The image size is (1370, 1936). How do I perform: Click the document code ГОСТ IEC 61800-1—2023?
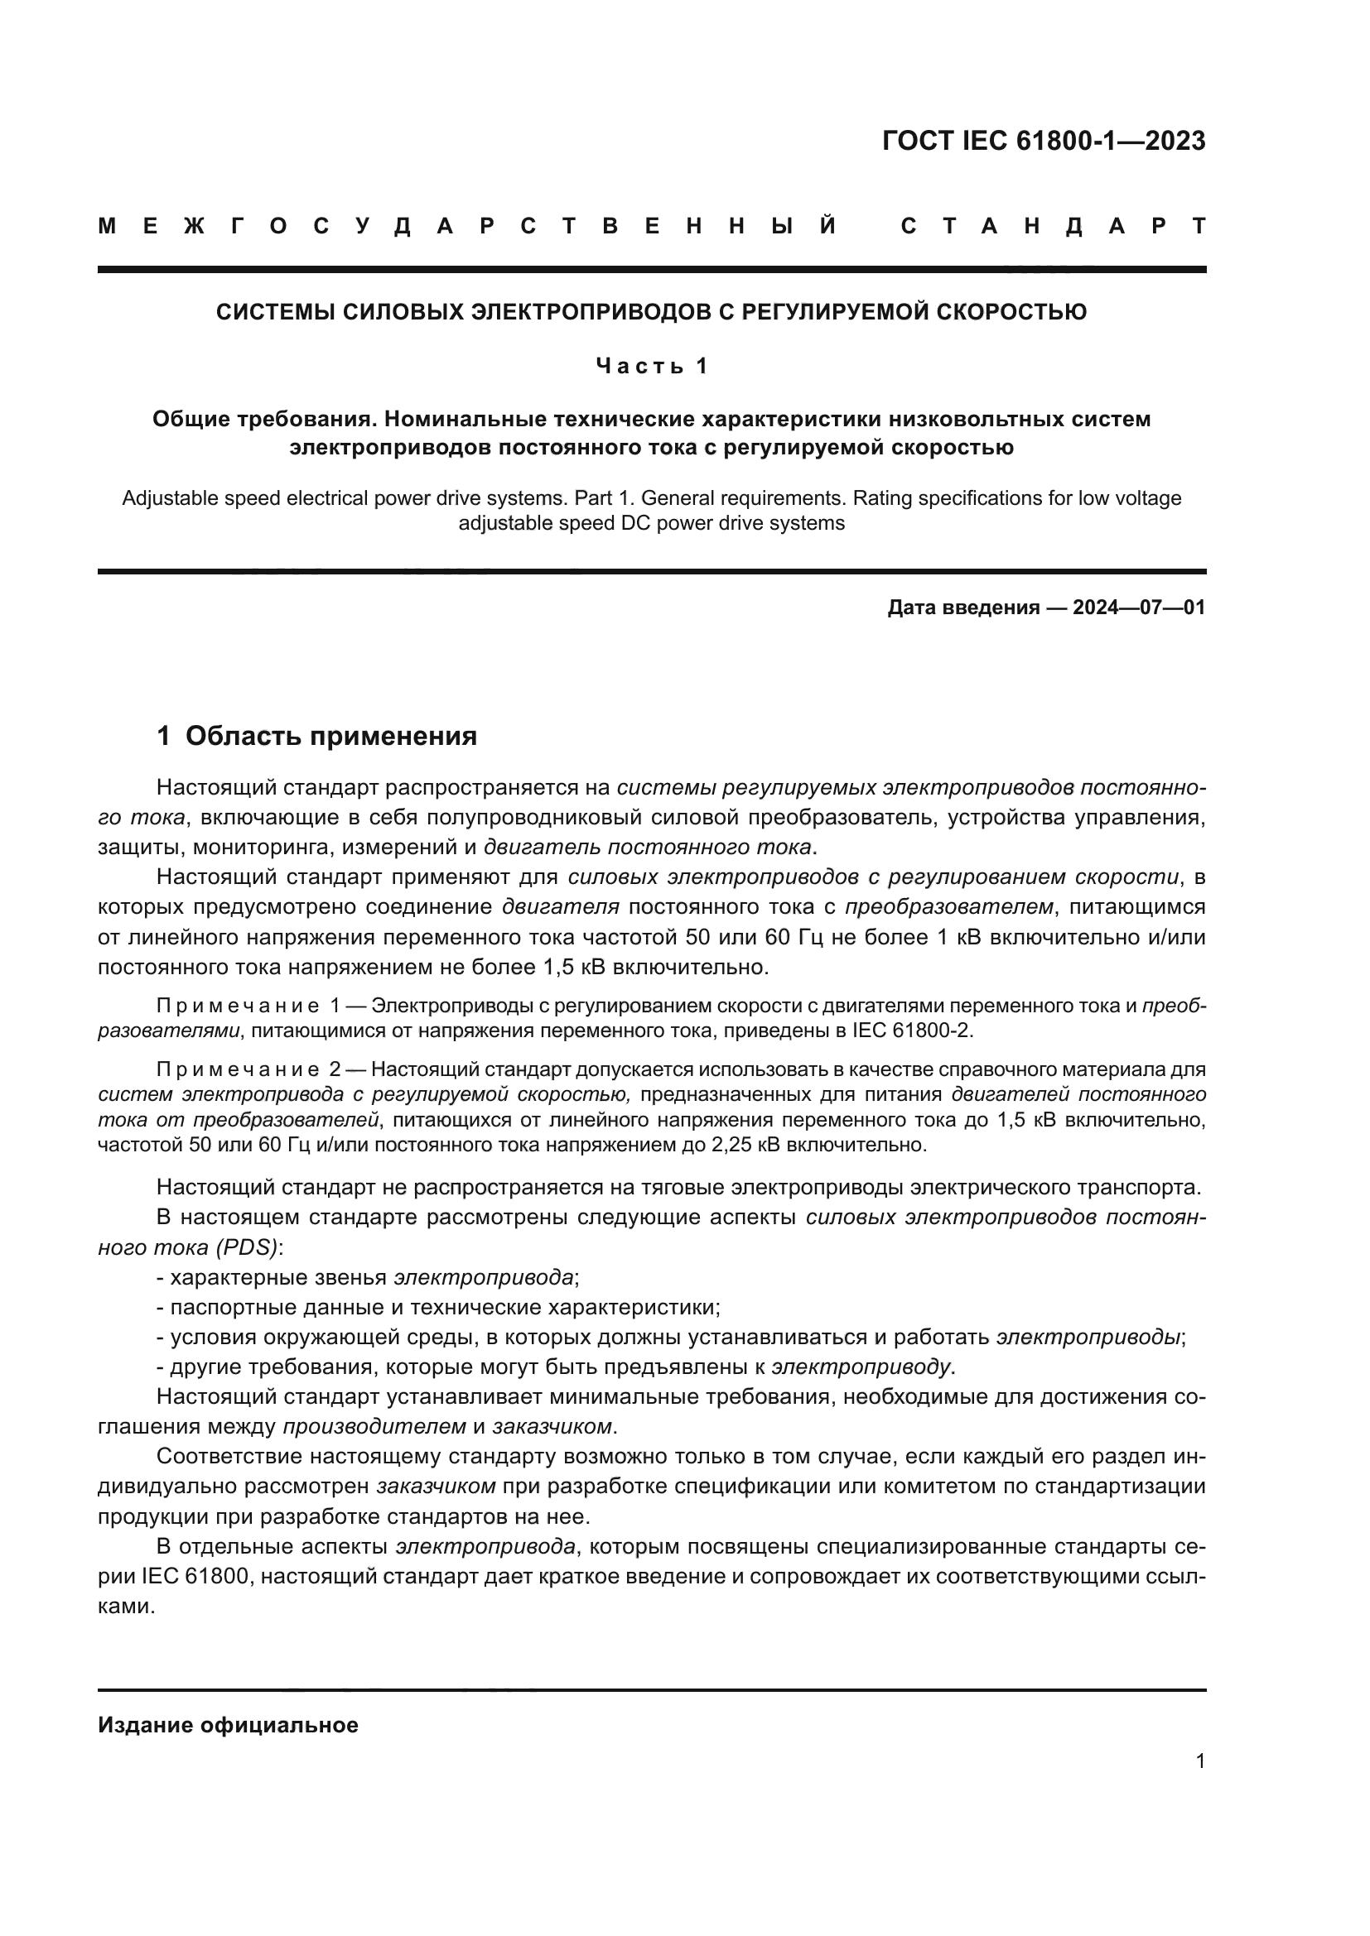pos(1044,141)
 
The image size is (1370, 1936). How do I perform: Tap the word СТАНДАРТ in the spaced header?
pos(1053,226)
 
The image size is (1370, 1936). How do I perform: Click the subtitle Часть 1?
pos(651,366)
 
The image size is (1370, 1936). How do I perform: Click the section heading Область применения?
pos(330,736)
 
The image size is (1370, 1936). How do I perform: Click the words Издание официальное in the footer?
pos(228,1725)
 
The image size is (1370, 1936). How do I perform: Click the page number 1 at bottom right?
pos(1199,1761)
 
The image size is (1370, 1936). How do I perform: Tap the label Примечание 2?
pos(248,1069)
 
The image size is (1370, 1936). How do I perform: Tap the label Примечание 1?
pos(248,1006)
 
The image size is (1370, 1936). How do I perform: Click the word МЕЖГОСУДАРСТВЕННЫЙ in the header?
pos(466,226)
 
